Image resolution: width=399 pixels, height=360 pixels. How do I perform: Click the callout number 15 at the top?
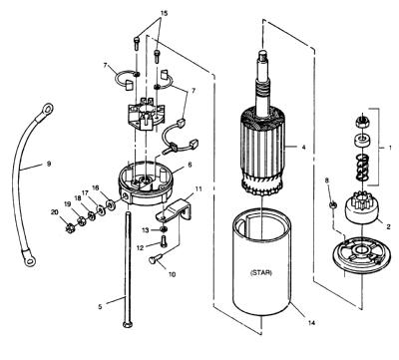(164, 13)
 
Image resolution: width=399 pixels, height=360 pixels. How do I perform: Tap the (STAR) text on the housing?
(260, 272)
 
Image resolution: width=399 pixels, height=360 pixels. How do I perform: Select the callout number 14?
(311, 322)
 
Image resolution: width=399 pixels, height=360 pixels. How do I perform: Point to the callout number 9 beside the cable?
(49, 164)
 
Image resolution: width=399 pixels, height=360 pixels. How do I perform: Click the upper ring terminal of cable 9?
(46, 109)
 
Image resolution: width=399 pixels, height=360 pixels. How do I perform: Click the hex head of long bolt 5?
(128, 324)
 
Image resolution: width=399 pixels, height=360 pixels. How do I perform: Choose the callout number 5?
(100, 306)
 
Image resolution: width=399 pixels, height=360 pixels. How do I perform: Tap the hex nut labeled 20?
(70, 228)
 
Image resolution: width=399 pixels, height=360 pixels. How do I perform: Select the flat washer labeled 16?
(109, 203)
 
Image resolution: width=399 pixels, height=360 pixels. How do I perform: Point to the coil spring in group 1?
(361, 168)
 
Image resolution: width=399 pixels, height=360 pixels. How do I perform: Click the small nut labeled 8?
(333, 204)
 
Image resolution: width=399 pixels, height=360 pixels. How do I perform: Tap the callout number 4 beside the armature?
(303, 147)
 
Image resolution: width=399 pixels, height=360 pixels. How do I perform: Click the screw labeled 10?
(156, 258)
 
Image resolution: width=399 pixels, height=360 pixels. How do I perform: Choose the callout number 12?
(141, 247)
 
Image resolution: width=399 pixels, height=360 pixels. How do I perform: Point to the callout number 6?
(190, 165)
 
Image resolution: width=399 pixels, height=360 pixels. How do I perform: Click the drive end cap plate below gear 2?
(361, 253)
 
